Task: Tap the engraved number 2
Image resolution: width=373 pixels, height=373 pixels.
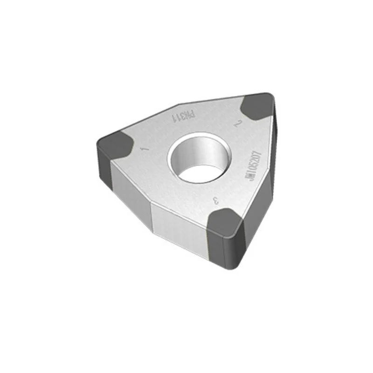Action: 238,124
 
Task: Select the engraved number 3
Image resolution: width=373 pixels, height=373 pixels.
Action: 215,201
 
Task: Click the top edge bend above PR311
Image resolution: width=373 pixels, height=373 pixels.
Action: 180,104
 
